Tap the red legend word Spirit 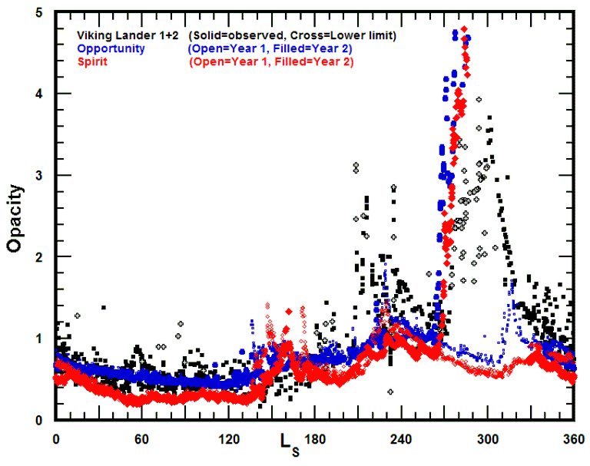pos(91,61)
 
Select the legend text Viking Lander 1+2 pos(128,35)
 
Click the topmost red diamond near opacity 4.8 pos(464,28)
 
